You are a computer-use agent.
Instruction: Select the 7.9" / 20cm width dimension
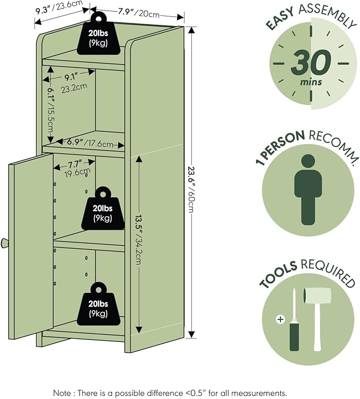(138, 13)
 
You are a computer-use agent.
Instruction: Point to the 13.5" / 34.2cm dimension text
(139, 239)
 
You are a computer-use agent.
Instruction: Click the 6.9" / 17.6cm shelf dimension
(90, 143)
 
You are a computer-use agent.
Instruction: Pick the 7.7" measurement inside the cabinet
(75, 163)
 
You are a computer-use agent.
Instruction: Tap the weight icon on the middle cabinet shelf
(103, 209)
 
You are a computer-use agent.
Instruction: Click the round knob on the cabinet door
(5, 243)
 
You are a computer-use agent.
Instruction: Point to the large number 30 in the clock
(311, 63)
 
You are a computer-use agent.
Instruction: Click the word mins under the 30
(311, 82)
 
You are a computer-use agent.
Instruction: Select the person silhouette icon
(308, 189)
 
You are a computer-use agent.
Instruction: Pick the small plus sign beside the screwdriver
(280, 319)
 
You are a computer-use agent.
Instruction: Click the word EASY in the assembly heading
(280, 19)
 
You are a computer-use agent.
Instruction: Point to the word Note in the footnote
(62, 393)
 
